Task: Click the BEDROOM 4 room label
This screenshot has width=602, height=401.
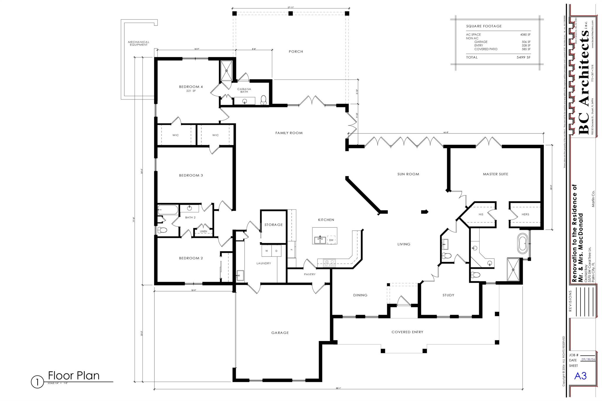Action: pyautogui.click(x=191, y=87)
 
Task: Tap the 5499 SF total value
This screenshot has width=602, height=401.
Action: pyautogui.click(x=523, y=57)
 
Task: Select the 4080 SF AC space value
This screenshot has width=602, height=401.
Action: pyautogui.click(x=525, y=35)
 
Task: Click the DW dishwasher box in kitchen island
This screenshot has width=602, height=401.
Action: pyautogui.click(x=331, y=240)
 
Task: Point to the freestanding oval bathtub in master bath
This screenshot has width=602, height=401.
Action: pyautogui.click(x=522, y=244)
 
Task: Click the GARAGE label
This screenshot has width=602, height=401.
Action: pyautogui.click(x=280, y=333)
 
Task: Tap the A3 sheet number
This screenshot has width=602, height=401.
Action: pyautogui.click(x=580, y=376)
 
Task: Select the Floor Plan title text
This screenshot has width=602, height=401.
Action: pyautogui.click(x=74, y=376)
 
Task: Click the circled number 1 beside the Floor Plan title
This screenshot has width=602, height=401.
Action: pyautogui.click(x=37, y=382)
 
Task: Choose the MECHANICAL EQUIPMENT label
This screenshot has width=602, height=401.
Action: pyautogui.click(x=138, y=43)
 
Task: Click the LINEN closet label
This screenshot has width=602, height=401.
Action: pyautogui.click(x=203, y=231)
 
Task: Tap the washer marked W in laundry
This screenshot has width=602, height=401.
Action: pyautogui.click(x=267, y=251)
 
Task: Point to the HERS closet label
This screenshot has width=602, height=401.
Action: pyautogui.click(x=525, y=214)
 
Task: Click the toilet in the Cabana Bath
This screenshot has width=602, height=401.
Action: pyautogui.click(x=263, y=100)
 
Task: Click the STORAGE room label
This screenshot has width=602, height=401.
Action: pyautogui.click(x=273, y=225)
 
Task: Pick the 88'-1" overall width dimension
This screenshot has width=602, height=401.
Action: pyautogui.click(x=338, y=388)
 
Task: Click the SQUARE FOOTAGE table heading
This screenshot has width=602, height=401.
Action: pyautogui.click(x=484, y=26)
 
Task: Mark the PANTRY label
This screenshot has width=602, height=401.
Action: pyautogui.click(x=310, y=274)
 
